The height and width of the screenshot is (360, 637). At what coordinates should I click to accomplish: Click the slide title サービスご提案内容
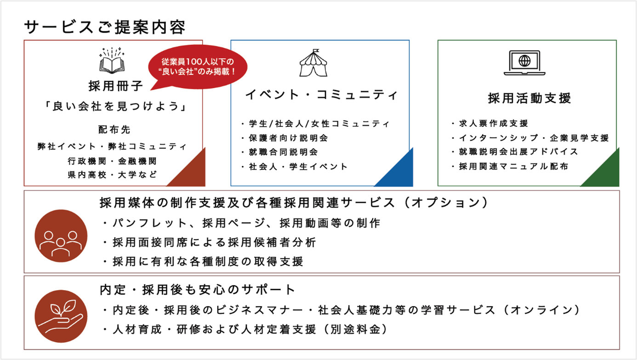(x=105, y=27)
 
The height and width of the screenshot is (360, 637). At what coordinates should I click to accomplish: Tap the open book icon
(x=113, y=61)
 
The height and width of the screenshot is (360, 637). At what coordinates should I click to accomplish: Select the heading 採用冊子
(x=116, y=85)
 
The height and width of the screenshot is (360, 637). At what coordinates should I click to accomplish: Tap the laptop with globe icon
(x=524, y=63)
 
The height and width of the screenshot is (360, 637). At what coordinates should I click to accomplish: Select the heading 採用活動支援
(x=529, y=98)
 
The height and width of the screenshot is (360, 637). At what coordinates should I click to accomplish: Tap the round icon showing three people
(x=61, y=235)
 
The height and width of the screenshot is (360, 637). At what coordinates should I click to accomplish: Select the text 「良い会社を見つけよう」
(x=112, y=107)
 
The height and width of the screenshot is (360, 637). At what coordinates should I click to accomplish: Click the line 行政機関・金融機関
(x=112, y=161)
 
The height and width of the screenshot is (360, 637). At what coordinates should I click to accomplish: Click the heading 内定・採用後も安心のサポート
(x=198, y=290)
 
